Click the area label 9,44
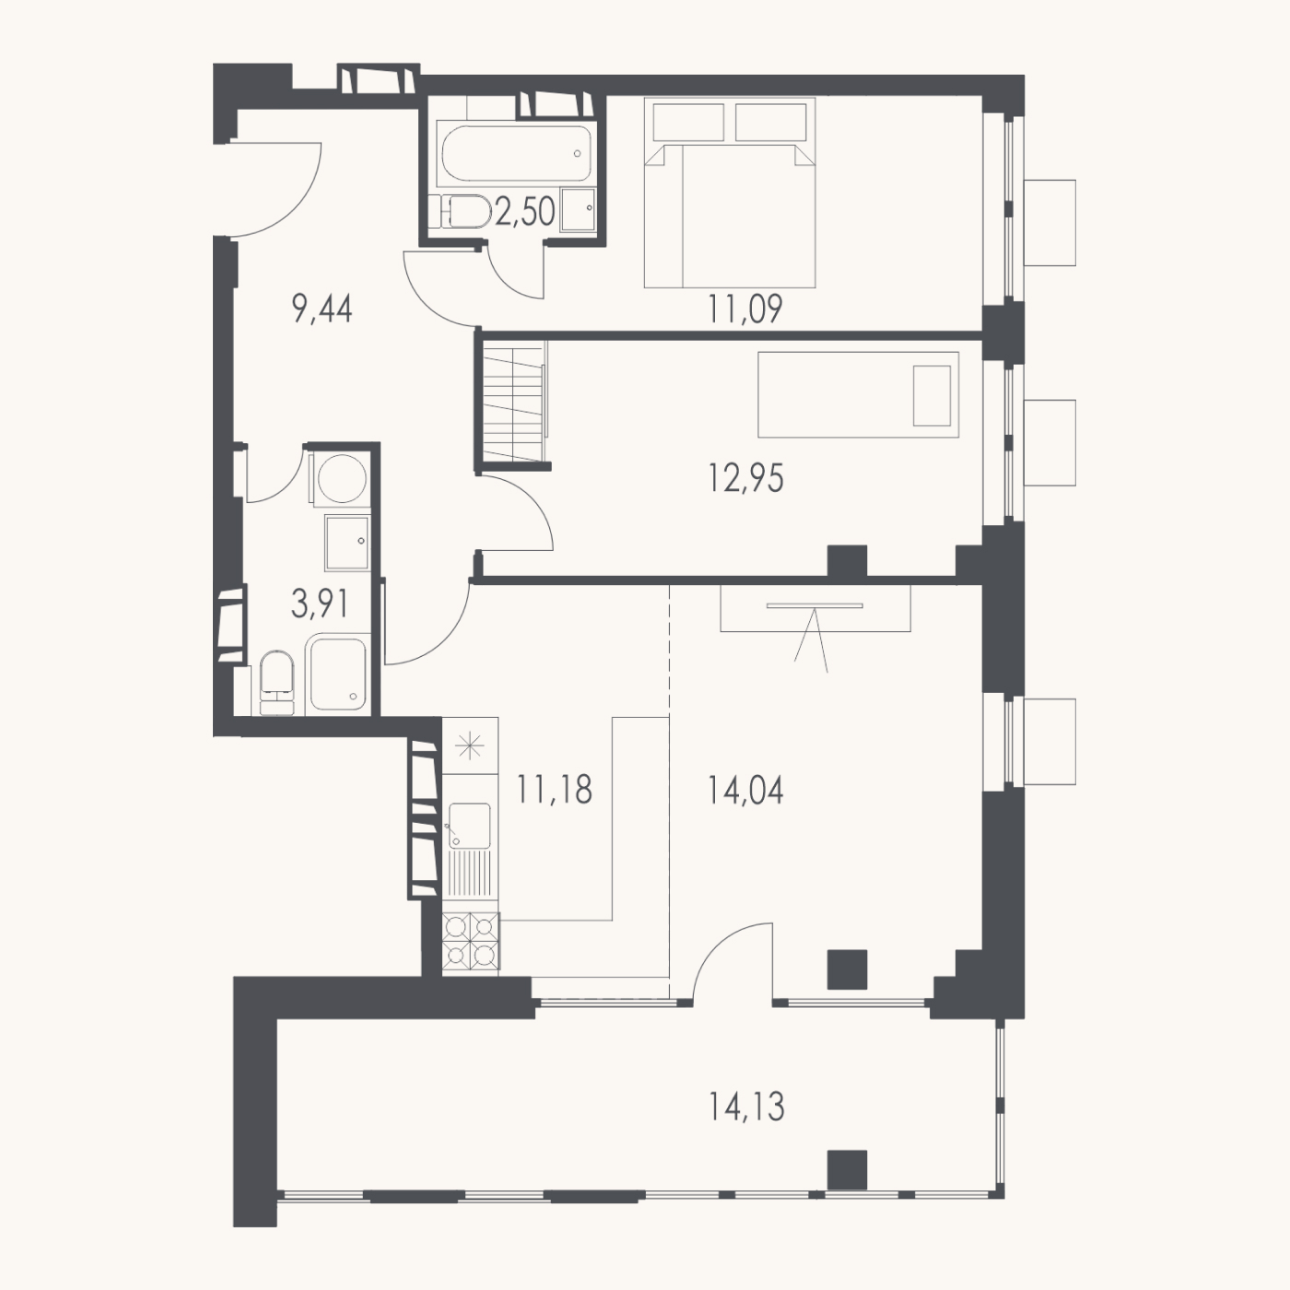click(322, 310)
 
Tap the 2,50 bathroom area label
click(525, 212)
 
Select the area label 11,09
click(745, 310)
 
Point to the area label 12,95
click(745, 479)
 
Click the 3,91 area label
click(320, 604)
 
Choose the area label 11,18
click(555, 790)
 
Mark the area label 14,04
click(745, 791)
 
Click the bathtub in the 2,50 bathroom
click(514, 153)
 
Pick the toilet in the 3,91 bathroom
click(276, 683)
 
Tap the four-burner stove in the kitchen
click(471, 941)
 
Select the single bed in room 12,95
click(858, 395)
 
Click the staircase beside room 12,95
click(514, 405)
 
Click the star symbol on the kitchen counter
click(470, 746)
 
